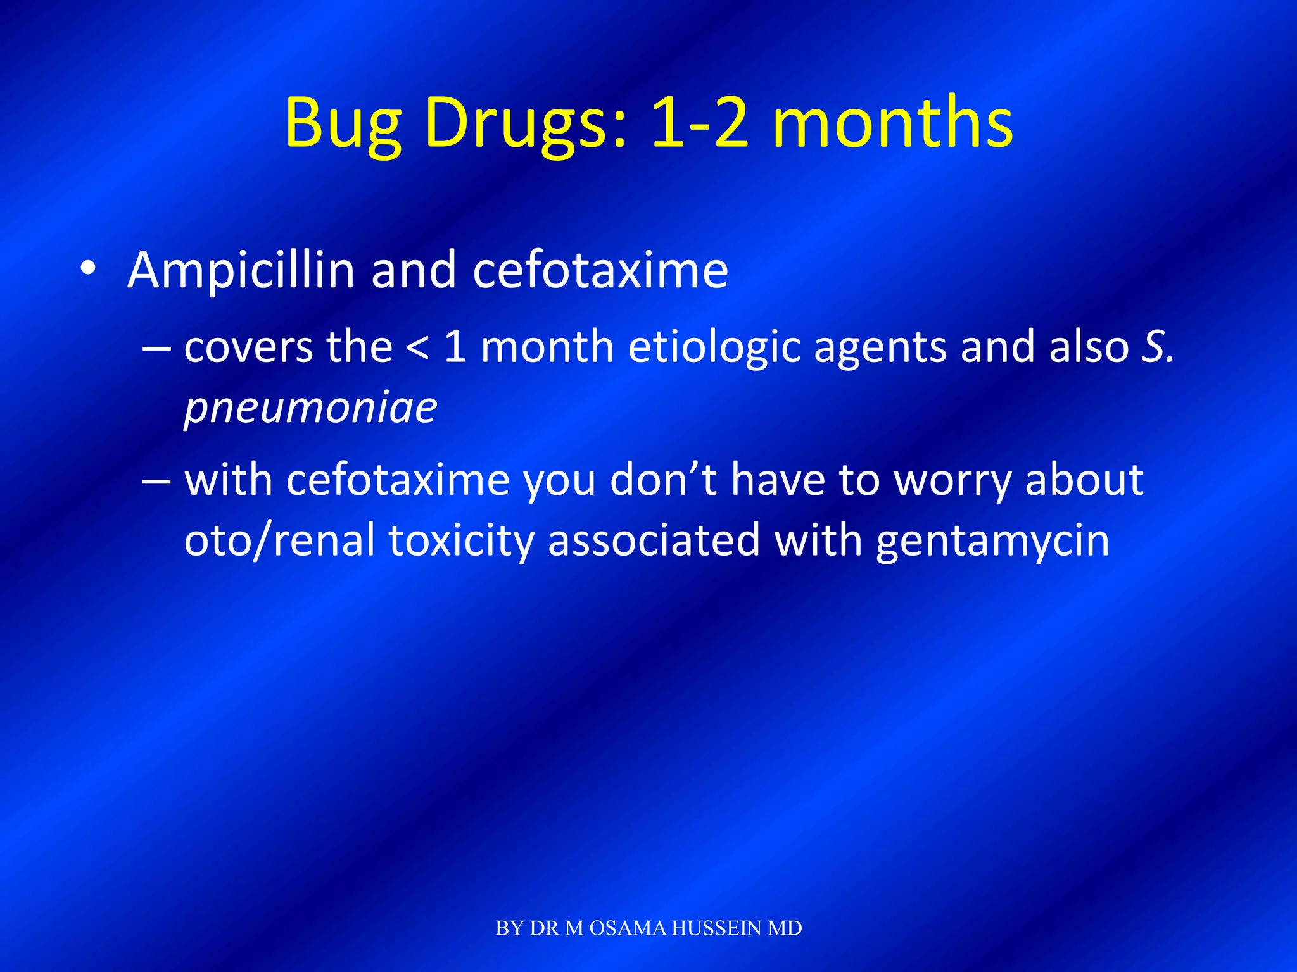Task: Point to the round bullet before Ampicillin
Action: [88, 269]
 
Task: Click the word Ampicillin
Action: [241, 271]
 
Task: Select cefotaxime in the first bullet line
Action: [600, 271]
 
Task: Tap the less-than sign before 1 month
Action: [417, 349]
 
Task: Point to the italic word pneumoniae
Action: [310, 408]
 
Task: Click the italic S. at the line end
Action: [1158, 347]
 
